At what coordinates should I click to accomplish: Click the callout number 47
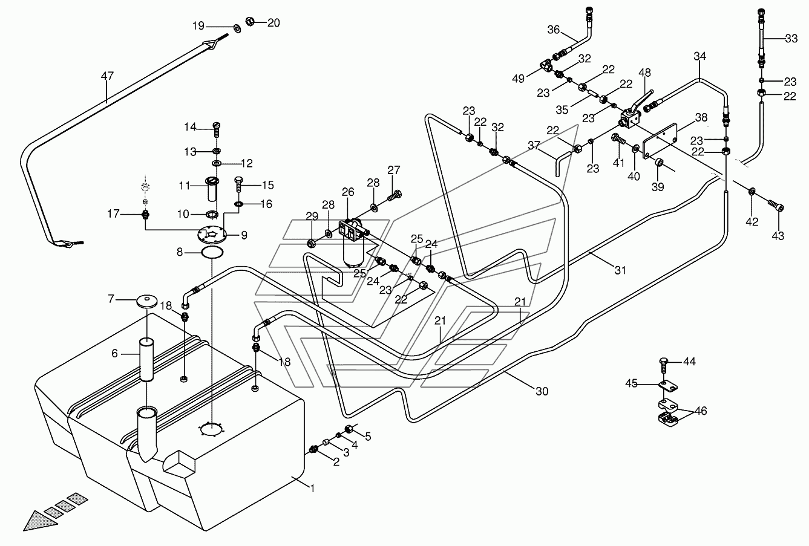(107, 76)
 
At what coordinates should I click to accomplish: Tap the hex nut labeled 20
(249, 21)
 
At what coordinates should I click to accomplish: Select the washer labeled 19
(238, 27)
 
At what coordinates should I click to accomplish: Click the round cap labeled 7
(146, 301)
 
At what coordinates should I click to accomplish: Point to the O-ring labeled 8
(212, 253)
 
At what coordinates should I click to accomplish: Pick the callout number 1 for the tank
(313, 489)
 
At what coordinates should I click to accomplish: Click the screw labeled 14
(217, 130)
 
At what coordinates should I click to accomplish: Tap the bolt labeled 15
(238, 184)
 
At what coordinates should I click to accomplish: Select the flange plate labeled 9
(212, 235)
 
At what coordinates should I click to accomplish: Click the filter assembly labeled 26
(354, 242)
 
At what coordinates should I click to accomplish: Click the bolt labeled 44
(664, 366)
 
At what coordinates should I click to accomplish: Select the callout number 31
(620, 270)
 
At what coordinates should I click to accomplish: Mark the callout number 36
(553, 30)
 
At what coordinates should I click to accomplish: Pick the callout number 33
(791, 38)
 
